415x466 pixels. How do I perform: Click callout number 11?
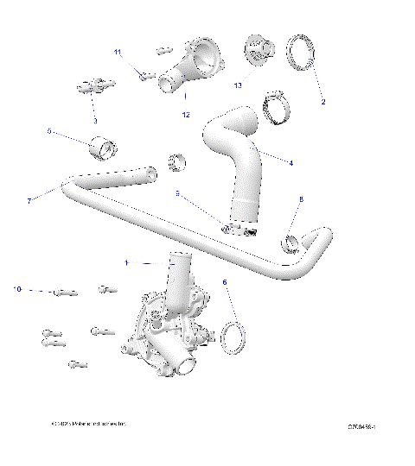118,53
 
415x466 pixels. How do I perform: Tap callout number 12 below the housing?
185,114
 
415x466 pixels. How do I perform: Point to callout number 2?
322,102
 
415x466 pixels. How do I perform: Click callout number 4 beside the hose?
290,162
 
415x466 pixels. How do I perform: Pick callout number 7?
29,201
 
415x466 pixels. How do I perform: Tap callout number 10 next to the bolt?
17,289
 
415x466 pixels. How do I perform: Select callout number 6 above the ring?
226,281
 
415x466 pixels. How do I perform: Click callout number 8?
301,199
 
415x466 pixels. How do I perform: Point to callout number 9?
177,194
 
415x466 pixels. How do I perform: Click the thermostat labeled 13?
258,49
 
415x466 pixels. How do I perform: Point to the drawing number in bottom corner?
367,426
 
